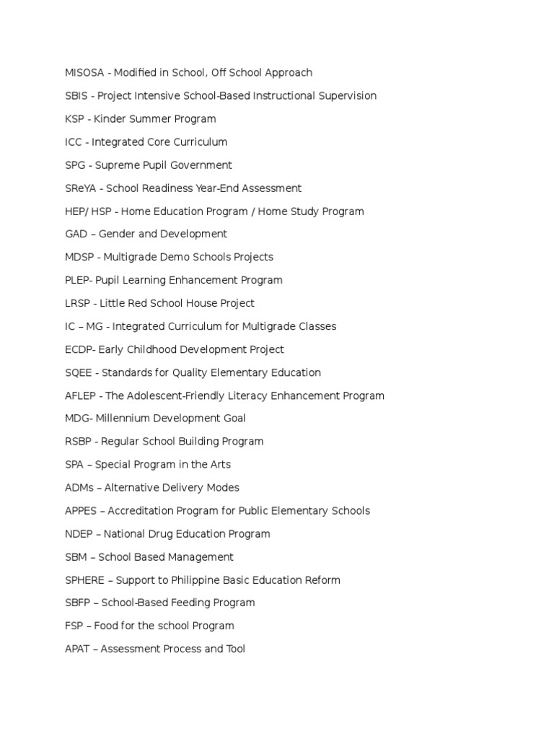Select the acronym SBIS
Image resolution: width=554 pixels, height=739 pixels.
click(76, 96)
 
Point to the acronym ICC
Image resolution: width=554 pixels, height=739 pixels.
click(74, 142)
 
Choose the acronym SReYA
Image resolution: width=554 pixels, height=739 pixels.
click(81, 188)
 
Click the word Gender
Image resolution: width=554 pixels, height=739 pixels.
click(115, 234)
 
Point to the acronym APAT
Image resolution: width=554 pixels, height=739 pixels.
click(77, 649)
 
